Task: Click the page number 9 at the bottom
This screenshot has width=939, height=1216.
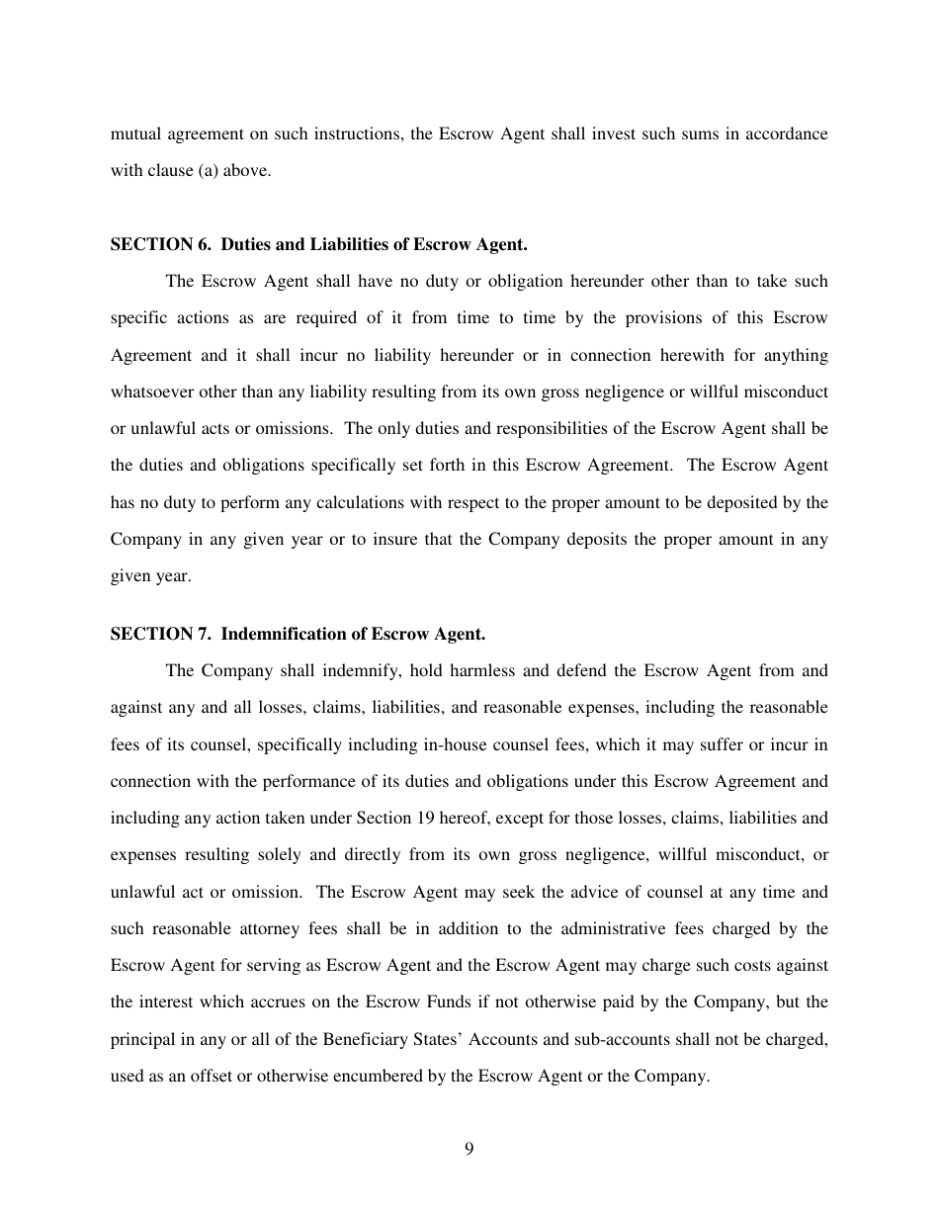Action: [x=469, y=1148]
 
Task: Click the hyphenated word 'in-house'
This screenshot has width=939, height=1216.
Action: [x=471, y=743]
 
